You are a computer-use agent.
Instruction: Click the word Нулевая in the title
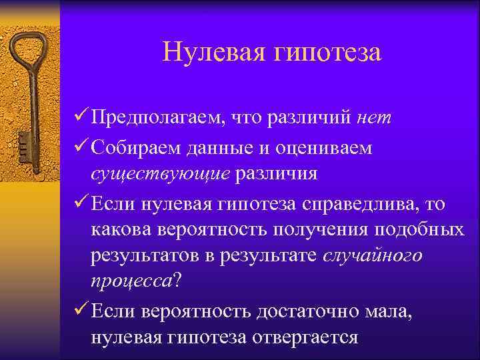click(x=211, y=53)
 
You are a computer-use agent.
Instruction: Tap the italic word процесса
click(x=131, y=283)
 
